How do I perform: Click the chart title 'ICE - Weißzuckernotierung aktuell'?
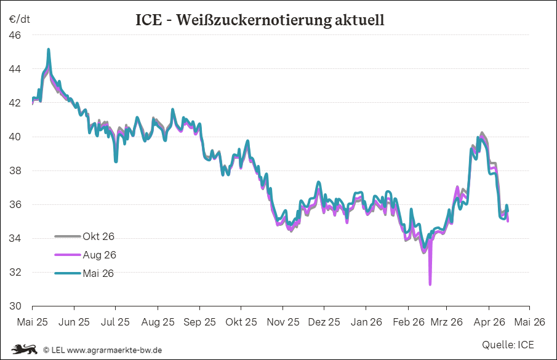pos(260,20)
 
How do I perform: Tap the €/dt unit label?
pos(20,18)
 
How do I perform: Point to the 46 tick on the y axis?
pos(15,36)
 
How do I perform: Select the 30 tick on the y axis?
pos(15,306)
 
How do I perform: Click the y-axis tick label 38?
pos(15,170)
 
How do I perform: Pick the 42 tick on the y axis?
pos(15,103)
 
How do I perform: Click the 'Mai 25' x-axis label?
pos(32,322)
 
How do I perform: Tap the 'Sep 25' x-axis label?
pos(200,322)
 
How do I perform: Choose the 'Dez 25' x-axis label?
pos(324,322)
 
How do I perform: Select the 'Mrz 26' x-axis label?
pos(447,322)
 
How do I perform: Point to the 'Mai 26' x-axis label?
pos(530,322)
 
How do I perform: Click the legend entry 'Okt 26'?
pos(98,236)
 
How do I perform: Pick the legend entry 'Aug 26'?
pos(98,255)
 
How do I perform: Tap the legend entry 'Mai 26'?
pos(98,273)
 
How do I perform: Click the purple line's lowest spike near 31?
pos(430,284)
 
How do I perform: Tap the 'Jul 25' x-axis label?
pos(115,322)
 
